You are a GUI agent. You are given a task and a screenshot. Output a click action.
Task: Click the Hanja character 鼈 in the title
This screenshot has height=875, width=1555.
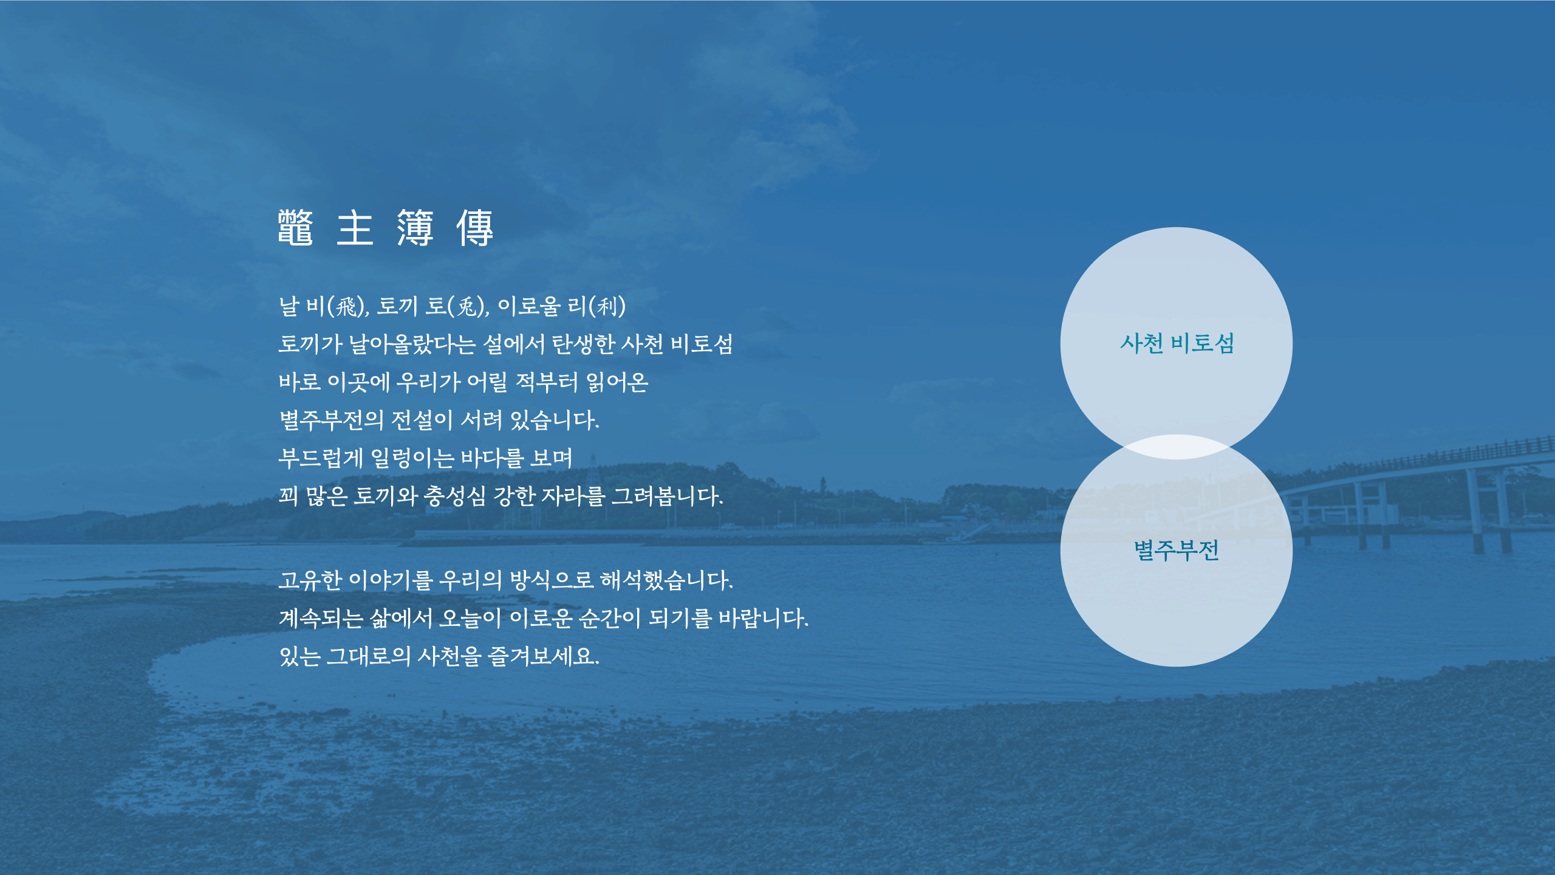coord(296,228)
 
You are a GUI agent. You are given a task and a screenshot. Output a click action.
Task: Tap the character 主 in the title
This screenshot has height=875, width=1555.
coord(355,228)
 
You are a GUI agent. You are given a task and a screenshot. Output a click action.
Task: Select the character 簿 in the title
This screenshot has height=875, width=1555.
coord(415,228)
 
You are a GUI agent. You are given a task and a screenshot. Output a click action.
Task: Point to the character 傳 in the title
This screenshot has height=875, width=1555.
coord(475,228)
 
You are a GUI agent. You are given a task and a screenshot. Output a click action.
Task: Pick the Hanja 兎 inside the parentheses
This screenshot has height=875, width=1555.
coord(468,306)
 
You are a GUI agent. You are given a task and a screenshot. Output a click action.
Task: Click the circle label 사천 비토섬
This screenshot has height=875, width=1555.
coord(1177,343)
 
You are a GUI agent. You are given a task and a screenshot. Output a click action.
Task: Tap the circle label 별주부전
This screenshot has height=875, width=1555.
coord(1177,551)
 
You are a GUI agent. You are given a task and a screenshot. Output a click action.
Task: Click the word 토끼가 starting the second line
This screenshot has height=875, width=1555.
coord(310,345)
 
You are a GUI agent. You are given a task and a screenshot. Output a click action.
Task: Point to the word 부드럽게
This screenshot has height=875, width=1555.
coord(321,458)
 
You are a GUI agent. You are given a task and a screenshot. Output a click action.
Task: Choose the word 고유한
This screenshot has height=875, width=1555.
coord(310,580)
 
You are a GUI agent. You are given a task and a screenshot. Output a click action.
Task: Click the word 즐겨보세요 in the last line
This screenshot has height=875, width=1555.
coord(544,656)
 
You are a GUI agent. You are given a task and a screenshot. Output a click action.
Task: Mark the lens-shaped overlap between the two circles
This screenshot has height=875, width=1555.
coord(1177,447)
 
